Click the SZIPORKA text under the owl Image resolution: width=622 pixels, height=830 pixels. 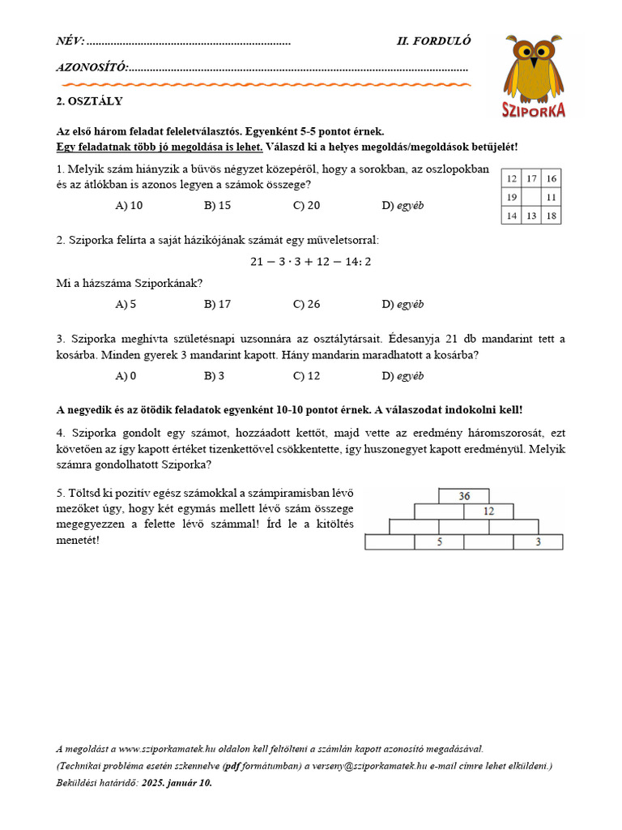(533, 110)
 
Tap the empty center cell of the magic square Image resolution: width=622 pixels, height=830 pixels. (531, 197)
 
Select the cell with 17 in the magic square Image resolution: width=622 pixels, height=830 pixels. (531, 178)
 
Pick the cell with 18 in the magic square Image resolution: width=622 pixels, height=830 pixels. (551, 216)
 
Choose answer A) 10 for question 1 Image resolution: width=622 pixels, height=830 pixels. (129, 206)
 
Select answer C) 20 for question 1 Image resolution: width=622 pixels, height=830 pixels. (306, 206)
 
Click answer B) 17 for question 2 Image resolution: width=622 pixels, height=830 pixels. (217, 305)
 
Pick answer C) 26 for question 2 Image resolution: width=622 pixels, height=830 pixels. (306, 305)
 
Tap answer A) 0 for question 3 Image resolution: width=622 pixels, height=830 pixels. (126, 376)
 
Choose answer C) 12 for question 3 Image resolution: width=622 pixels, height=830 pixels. (306, 376)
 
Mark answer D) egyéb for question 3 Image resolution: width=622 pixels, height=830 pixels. (403, 376)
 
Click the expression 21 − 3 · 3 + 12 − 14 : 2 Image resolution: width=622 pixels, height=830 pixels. (310, 262)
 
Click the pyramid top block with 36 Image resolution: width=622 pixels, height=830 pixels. (464, 496)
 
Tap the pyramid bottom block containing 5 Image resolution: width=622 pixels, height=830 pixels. (439, 542)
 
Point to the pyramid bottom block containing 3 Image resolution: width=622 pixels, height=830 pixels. (539, 542)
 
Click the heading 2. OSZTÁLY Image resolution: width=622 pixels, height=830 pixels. (89, 101)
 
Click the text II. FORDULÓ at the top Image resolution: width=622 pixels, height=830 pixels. (433, 41)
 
